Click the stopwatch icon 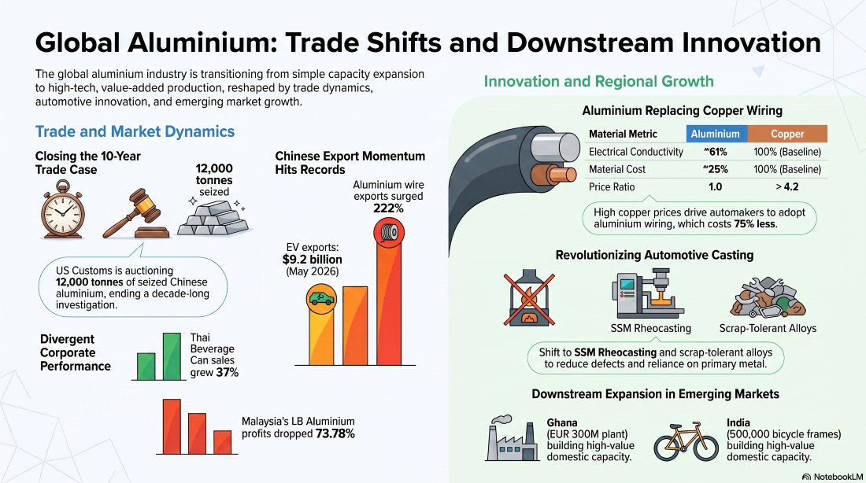click(x=62, y=210)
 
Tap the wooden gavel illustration click(x=136, y=214)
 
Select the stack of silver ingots click(x=213, y=218)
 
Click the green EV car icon click(x=321, y=299)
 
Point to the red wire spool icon click(x=389, y=232)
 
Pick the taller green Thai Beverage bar click(x=171, y=356)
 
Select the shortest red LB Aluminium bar click(x=223, y=442)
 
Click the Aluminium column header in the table click(x=716, y=134)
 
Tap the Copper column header click(x=787, y=134)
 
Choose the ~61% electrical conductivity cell click(x=715, y=152)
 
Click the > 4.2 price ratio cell click(x=787, y=186)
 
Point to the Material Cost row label click(x=617, y=169)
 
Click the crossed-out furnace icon click(x=529, y=299)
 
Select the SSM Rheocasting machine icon click(x=648, y=293)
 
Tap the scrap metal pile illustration click(x=768, y=297)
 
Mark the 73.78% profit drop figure click(x=335, y=434)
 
